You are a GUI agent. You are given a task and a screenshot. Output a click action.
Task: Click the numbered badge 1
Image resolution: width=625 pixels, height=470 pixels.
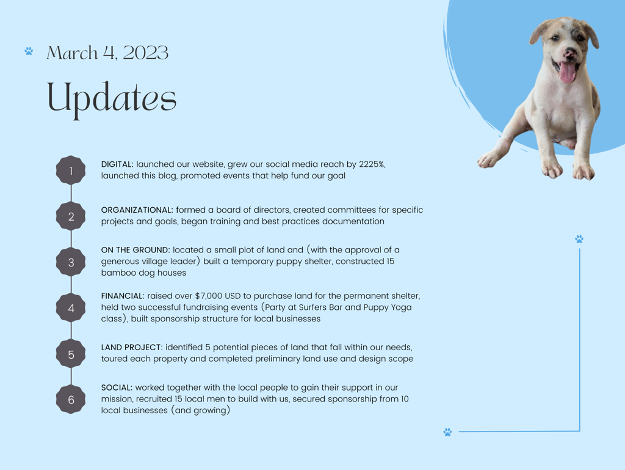point(71,171)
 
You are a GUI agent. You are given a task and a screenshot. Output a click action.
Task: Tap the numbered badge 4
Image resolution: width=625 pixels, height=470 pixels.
point(71,308)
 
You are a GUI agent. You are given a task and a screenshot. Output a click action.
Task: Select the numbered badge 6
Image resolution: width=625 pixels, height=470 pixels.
point(71,399)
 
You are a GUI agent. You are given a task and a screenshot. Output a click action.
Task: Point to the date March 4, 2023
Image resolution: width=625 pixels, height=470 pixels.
point(107,53)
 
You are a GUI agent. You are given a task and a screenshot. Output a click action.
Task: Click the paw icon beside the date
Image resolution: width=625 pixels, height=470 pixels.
point(29,51)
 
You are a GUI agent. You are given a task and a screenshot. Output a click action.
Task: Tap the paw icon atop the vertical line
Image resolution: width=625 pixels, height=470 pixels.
point(579,239)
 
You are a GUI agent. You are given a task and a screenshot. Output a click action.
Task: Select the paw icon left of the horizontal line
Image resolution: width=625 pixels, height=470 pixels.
point(447,431)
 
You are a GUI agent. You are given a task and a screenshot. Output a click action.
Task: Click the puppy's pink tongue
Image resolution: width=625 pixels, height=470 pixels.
point(567,72)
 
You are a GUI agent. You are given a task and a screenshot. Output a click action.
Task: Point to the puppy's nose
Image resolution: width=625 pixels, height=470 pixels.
point(569,53)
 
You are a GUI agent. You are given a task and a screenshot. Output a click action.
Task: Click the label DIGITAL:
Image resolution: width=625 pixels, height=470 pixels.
point(117,164)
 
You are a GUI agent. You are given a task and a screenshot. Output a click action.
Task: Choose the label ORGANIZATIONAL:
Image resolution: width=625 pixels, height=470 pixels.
point(137,210)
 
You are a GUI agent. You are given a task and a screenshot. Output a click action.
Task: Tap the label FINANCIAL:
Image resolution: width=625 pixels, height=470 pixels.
point(123,296)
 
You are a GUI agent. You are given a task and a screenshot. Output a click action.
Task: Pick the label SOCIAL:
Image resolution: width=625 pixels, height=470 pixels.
point(117,388)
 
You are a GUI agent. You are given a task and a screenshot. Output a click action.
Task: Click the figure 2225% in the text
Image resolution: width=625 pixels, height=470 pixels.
point(372,164)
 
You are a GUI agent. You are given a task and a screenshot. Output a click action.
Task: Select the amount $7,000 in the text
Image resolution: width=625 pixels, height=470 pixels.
point(209,296)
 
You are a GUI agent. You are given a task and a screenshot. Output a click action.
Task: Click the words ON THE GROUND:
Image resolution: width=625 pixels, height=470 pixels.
point(135,250)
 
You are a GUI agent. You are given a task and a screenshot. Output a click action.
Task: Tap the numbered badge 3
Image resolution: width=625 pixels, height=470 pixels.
point(71,262)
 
